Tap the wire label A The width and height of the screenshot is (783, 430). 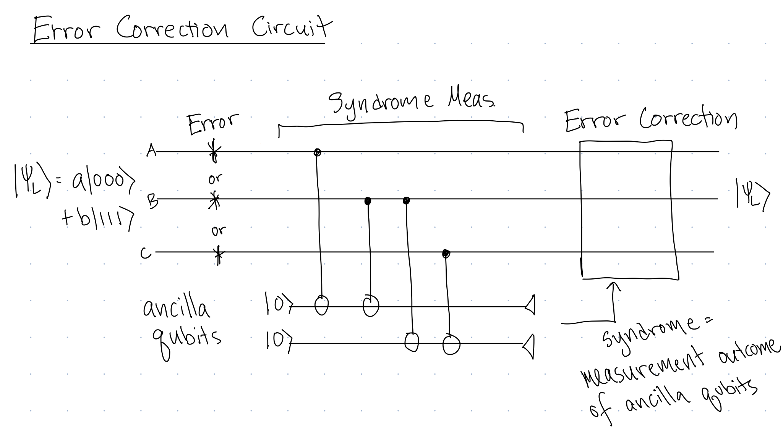(151, 152)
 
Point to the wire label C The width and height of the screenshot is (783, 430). (145, 253)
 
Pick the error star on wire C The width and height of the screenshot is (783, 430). (218, 253)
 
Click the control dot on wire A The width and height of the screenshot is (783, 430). (317, 152)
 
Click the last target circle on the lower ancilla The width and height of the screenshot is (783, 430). (451, 344)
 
